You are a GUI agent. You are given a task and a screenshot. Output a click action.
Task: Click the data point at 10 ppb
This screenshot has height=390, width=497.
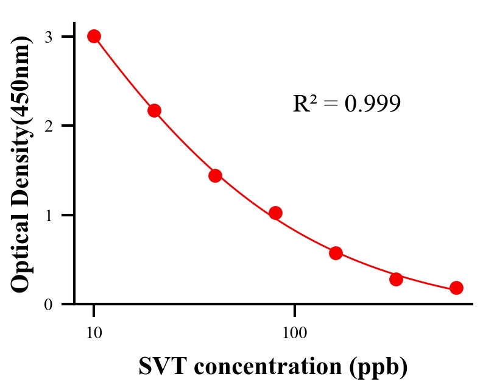[94, 36]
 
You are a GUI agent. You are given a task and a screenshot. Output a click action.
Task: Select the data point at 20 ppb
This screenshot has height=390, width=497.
[154, 110]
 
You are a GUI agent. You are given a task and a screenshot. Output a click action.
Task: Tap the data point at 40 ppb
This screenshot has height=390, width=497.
[215, 175]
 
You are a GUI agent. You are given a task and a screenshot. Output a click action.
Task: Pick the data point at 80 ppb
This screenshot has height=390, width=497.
[275, 213]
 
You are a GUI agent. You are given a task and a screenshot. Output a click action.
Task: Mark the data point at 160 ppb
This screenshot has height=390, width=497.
[336, 253]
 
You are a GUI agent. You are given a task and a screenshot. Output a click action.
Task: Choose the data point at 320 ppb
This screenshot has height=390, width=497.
[396, 279]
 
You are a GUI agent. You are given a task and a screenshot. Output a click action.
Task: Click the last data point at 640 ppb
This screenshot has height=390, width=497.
[456, 288]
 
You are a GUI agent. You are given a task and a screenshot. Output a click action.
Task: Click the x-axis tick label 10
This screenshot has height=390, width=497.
[94, 333]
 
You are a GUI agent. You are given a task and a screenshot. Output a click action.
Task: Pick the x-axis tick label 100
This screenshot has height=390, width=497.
[295, 333]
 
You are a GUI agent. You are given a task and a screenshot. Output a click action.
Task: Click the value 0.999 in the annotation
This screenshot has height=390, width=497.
[372, 104]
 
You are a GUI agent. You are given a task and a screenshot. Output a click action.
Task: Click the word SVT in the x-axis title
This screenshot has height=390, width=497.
[160, 367]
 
